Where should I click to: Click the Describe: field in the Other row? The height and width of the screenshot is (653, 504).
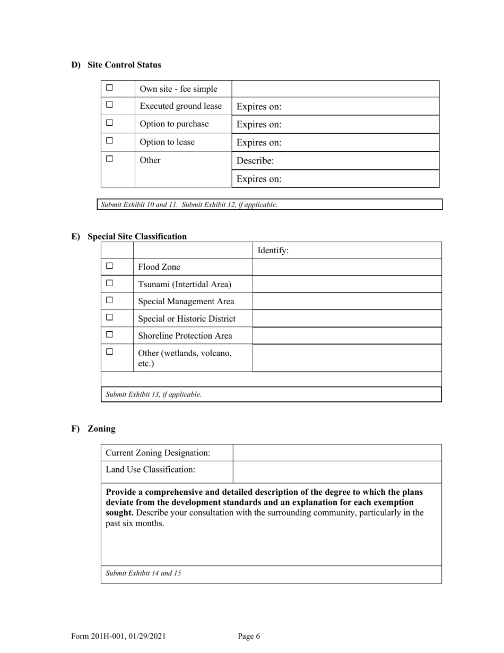[335, 160]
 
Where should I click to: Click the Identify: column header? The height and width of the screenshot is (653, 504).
[273, 251]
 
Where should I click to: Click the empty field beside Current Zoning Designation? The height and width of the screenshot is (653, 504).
[337, 453]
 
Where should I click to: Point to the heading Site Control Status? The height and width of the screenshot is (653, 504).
[124, 65]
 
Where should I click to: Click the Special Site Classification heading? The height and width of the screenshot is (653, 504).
[137, 236]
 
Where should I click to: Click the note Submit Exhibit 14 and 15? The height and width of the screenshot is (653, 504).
[143, 573]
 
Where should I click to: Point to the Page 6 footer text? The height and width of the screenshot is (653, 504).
[249, 637]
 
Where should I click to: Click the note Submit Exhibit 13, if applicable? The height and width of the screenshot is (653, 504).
[154, 394]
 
